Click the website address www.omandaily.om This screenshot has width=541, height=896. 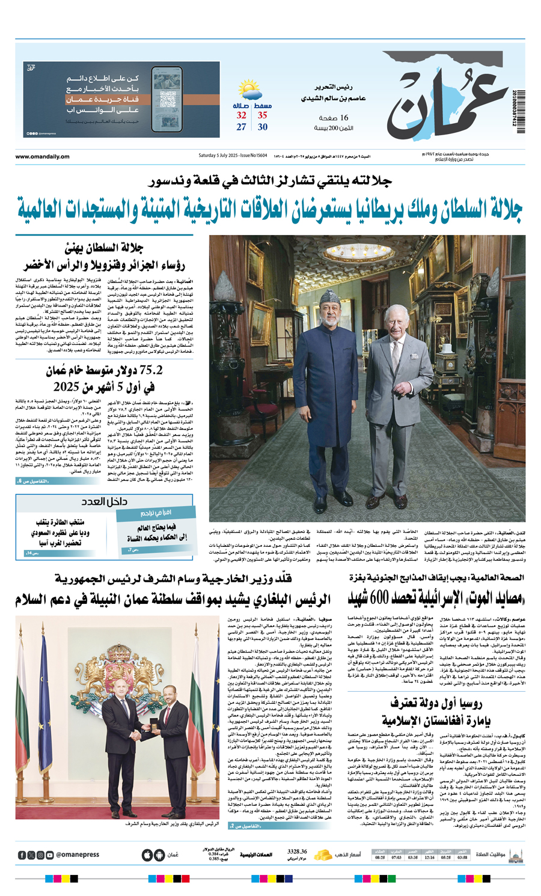click(42, 157)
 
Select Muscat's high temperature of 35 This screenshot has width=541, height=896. click(263, 115)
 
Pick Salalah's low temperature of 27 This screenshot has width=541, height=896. click(241, 127)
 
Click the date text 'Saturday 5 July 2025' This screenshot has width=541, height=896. click(219, 156)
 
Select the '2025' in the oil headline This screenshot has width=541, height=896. click(67, 386)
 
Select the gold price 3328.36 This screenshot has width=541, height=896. click(297, 852)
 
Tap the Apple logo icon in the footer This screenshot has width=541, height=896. click(147, 855)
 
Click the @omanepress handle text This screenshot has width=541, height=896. click(78, 855)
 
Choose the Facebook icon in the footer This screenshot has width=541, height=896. click(22, 855)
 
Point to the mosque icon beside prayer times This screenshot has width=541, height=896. click(515, 855)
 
